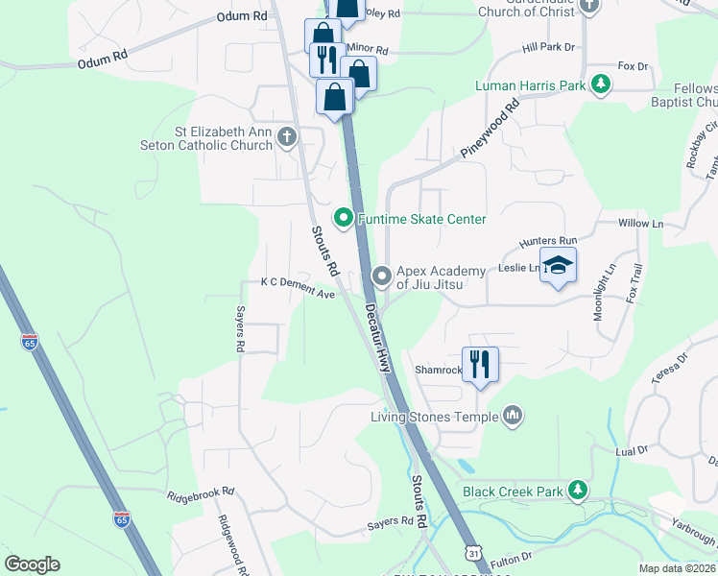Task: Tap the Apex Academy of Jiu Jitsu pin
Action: click(x=382, y=277)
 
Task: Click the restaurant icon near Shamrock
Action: click(x=480, y=364)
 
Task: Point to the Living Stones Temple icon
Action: click(x=514, y=416)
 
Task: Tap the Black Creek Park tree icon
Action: click(x=577, y=491)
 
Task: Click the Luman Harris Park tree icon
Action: click(x=601, y=85)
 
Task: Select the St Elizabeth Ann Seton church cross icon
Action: click(x=286, y=137)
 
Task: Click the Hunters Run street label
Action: click(x=547, y=241)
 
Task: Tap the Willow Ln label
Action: click(x=641, y=224)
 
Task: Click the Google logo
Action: click(x=32, y=564)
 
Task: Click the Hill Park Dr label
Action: click(x=548, y=47)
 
